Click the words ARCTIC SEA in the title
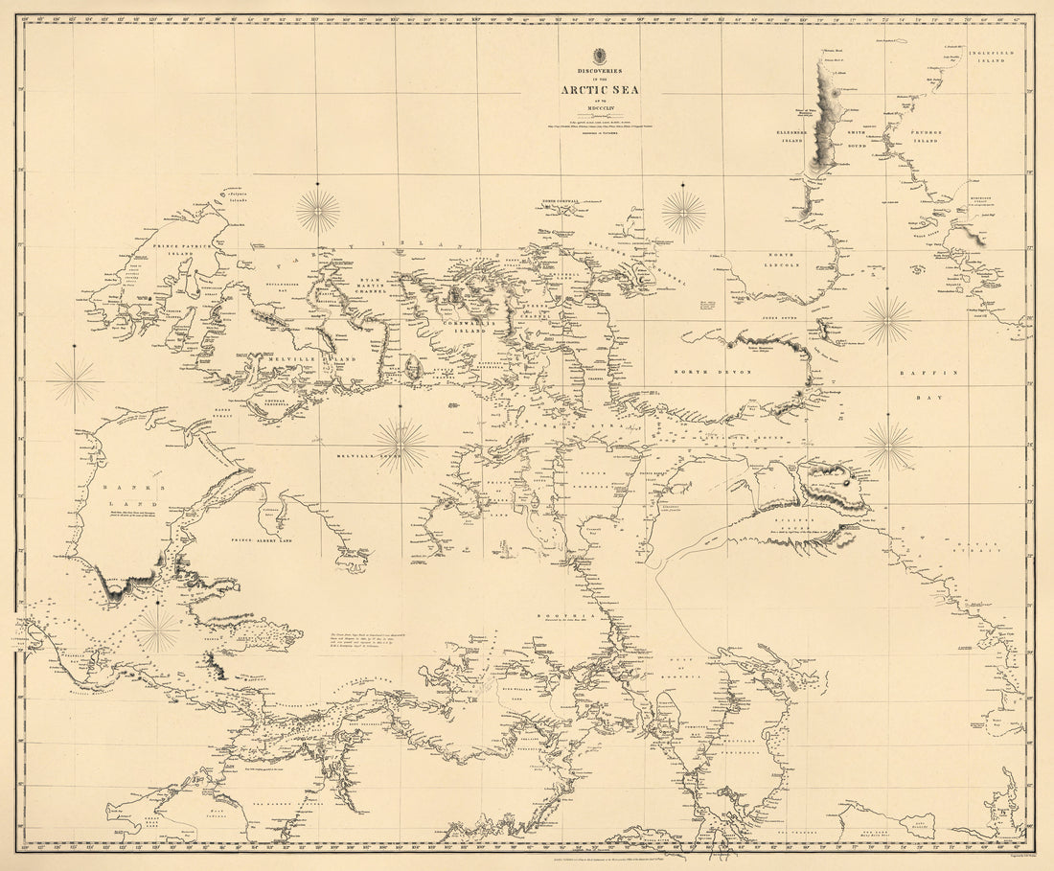pos(601,91)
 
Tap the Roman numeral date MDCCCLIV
pos(601,108)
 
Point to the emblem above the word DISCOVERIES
pos(601,55)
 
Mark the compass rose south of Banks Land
pos(157,630)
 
